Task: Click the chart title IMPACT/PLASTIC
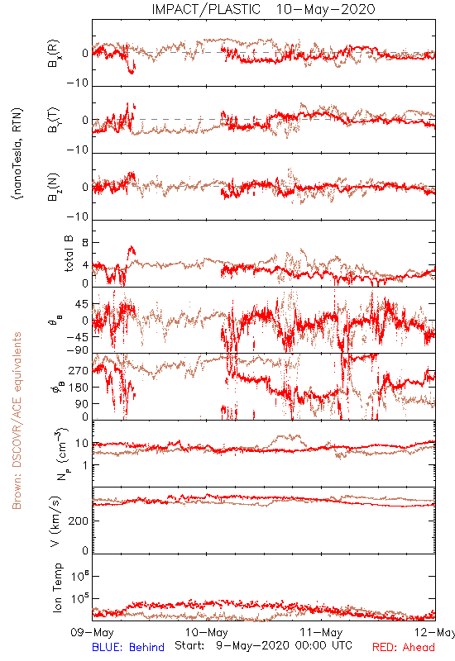point(206,9)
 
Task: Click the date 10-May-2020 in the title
point(325,9)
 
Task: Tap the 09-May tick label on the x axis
point(92,632)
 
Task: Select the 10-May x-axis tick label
point(206,632)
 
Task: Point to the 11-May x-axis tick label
point(321,632)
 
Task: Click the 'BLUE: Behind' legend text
point(128,647)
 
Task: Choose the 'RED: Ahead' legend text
point(404,647)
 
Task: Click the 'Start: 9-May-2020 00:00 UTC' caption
point(263,645)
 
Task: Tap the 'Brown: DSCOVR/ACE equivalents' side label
point(17,421)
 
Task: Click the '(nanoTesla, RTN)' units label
point(17,154)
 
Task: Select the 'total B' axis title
point(69,254)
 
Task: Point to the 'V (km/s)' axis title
point(55,521)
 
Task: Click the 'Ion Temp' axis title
point(57,587)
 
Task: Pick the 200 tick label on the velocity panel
point(79,521)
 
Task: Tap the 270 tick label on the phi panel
point(79,371)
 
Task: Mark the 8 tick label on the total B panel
point(85,243)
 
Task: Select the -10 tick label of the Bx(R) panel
point(77,83)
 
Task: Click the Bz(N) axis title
point(54,187)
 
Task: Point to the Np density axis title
point(61,454)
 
